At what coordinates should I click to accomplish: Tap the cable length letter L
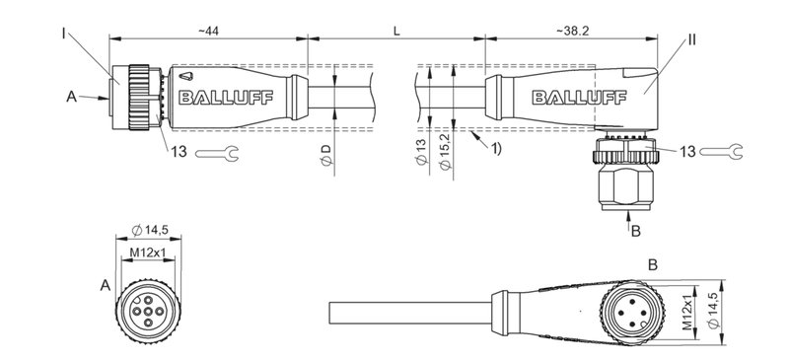click(395, 31)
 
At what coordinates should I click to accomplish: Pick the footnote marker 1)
click(495, 148)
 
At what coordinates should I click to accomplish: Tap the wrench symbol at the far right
click(723, 150)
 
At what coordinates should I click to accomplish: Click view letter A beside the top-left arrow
click(71, 97)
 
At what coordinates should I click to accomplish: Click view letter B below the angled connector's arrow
click(635, 232)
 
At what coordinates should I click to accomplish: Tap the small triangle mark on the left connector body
click(188, 76)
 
